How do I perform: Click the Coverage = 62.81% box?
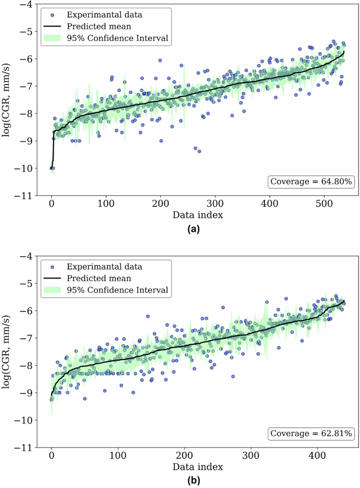tap(312, 433)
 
